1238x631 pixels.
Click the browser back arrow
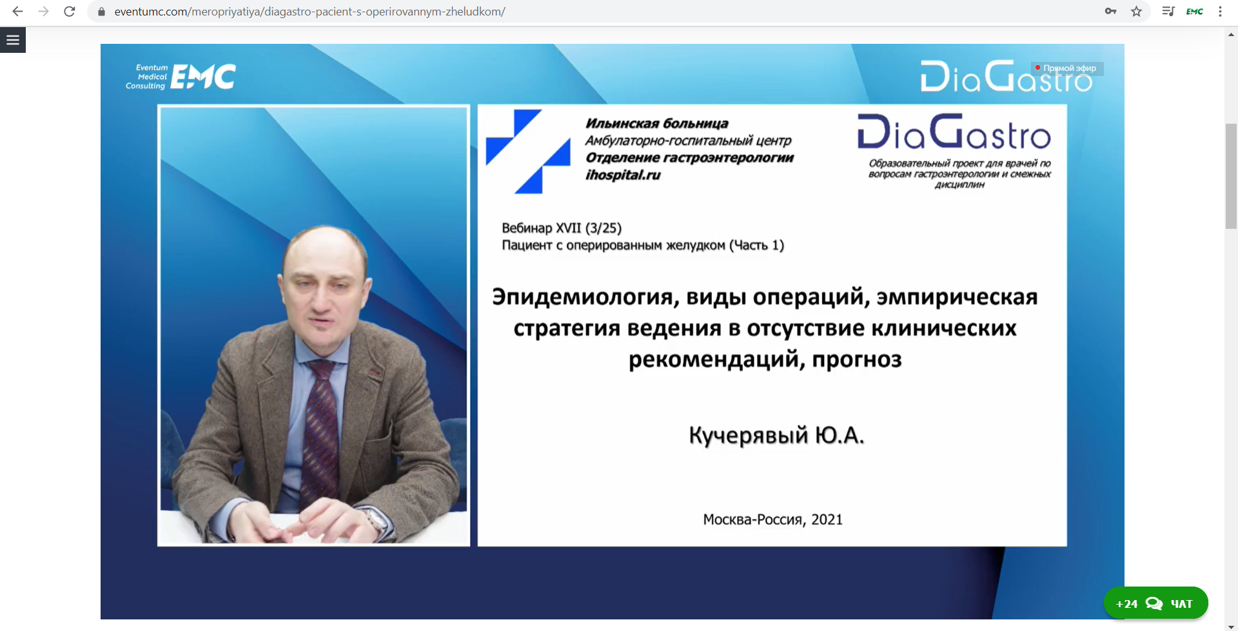point(17,12)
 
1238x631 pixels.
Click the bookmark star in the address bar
point(1136,12)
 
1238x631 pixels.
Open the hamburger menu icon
point(13,40)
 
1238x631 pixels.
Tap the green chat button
point(1155,603)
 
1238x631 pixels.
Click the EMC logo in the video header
point(181,77)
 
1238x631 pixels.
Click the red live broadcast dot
point(1037,68)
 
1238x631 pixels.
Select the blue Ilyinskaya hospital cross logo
point(528,151)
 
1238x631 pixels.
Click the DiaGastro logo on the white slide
point(954,132)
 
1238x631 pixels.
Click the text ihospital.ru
point(623,175)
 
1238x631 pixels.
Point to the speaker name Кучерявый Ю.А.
point(776,436)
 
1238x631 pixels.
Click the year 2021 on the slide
point(827,519)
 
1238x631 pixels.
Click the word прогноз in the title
point(857,360)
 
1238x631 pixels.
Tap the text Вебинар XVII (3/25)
point(562,228)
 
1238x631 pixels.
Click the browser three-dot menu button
point(1220,12)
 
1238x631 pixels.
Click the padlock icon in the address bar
point(101,12)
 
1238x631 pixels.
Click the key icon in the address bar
point(1110,12)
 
